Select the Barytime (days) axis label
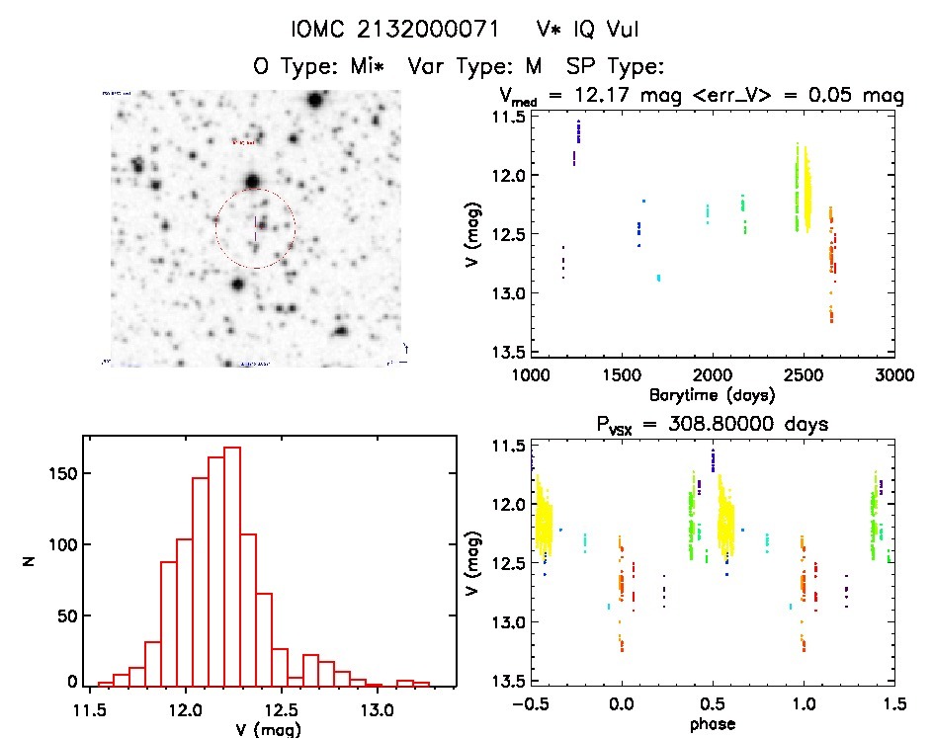coord(712,394)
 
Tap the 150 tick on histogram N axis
coord(62,474)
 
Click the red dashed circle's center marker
coord(256,229)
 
